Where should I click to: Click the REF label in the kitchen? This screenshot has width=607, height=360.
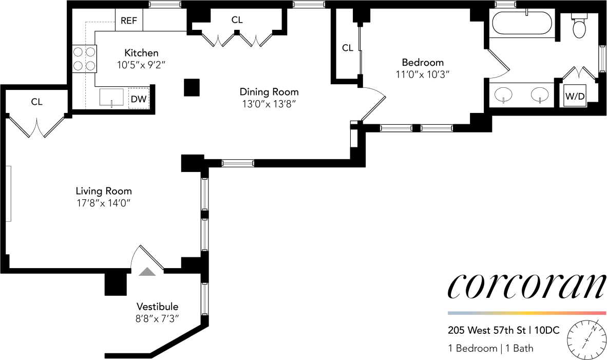coord(129,21)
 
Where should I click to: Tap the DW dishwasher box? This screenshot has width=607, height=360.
coord(138,99)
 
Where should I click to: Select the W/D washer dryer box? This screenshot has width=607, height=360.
coord(575,96)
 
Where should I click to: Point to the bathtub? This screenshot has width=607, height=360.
coord(522,24)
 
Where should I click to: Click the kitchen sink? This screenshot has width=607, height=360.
coord(111,97)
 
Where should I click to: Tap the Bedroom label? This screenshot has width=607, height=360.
coord(423,62)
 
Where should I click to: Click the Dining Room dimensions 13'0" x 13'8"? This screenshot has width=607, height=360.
coord(269,104)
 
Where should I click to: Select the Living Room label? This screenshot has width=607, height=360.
coord(104,191)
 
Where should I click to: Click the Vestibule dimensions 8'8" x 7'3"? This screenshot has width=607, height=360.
coord(158,318)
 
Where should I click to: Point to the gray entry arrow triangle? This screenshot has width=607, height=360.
coord(147,272)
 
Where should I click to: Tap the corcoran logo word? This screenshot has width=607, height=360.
coord(526,287)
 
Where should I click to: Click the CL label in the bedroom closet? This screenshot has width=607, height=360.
coord(348,48)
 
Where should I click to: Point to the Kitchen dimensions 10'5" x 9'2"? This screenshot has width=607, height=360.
coord(141,65)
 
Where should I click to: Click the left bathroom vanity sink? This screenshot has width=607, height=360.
coord(503,94)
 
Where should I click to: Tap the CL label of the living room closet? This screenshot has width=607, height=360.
coord(37,102)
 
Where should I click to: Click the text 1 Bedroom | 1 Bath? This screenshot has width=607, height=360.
coord(490,348)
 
